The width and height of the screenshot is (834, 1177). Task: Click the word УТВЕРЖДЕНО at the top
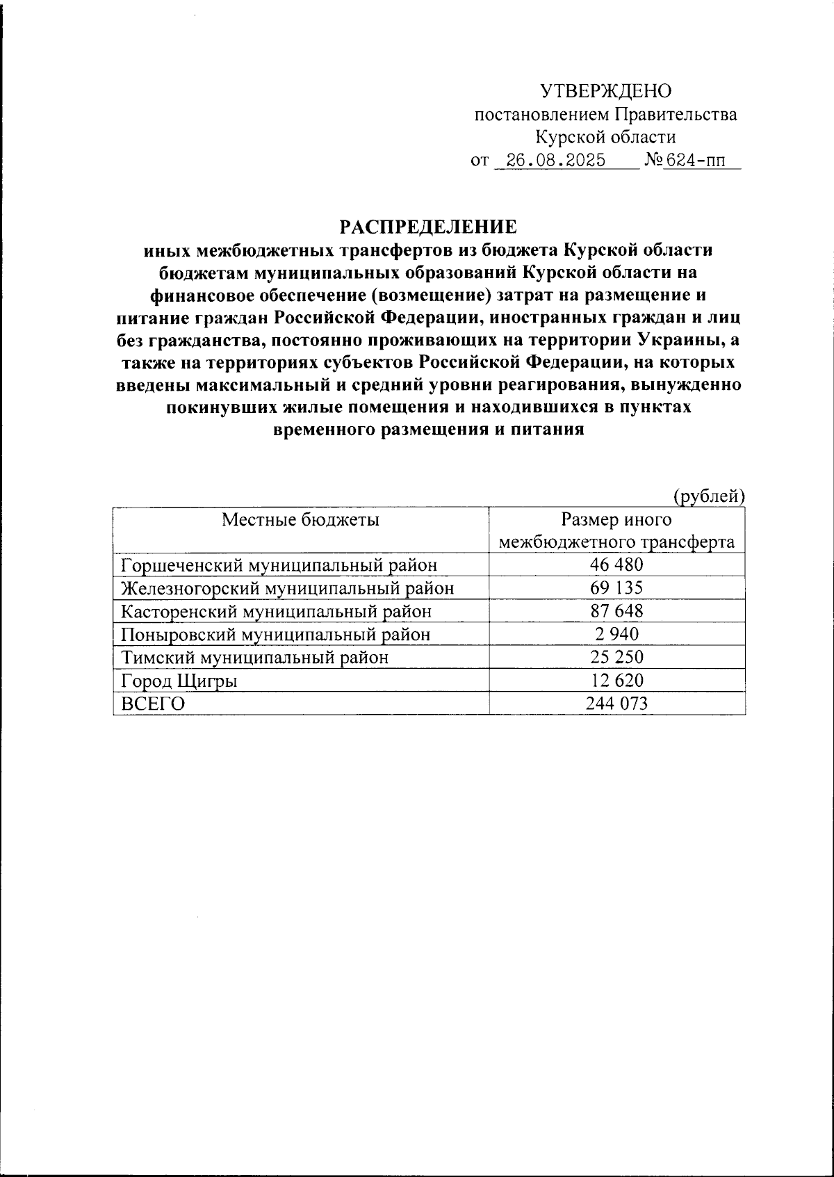pyautogui.click(x=605, y=91)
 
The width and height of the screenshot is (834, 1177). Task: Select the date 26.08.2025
pyautogui.click(x=555, y=161)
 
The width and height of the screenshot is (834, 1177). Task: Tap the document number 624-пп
pyautogui.click(x=694, y=161)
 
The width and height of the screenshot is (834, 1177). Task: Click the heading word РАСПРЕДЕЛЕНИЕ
pyautogui.click(x=428, y=227)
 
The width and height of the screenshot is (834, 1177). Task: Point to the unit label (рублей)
pyautogui.click(x=708, y=495)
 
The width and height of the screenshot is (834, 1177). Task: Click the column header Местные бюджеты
pyautogui.click(x=300, y=519)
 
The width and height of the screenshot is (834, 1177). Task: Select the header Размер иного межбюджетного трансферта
pyautogui.click(x=616, y=530)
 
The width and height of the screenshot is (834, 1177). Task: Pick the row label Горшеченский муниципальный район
pyautogui.click(x=279, y=565)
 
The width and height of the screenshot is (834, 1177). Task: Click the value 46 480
pyautogui.click(x=616, y=565)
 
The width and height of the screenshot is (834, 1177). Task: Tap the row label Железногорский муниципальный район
pyautogui.click(x=287, y=588)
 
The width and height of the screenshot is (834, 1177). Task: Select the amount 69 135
pyautogui.click(x=616, y=588)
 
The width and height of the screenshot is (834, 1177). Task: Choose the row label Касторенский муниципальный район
pyautogui.click(x=276, y=611)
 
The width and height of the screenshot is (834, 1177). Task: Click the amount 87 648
pyautogui.click(x=616, y=611)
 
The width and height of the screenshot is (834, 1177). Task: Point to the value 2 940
pyautogui.click(x=616, y=634)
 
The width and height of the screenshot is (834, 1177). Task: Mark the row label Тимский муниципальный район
pyautogui.click(x=254, y=657)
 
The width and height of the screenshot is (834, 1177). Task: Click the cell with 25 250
pyautogui.click(x=616, y=657)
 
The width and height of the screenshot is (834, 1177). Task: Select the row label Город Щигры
pyautogui.click(x=179, y=681)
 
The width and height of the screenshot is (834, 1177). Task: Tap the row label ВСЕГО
pyautogui.click(x=153, y=704)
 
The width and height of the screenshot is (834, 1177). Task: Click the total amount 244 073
pyautogui.click(x=616, y=704)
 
